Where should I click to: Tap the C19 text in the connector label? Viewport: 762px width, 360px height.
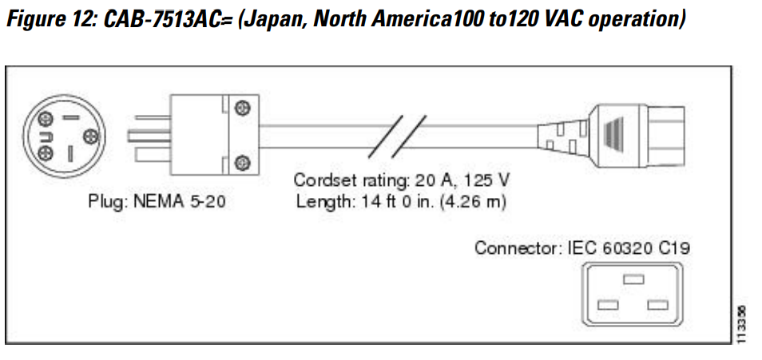click(x=673, y=248)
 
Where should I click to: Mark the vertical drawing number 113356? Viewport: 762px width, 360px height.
click(x=743, y=324)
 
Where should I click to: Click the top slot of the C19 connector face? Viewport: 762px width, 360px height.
click(x=633, y=279)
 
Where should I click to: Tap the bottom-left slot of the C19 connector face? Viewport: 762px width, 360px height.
click(x=608, y=305)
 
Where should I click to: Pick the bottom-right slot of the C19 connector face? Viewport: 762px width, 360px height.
click(x=658, y=305)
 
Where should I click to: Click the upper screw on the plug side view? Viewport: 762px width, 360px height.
click(x=240, y=108)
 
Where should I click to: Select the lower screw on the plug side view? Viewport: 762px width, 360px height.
click(x=240, y=163)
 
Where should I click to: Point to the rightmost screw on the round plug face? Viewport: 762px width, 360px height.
click(x=89, y=136)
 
